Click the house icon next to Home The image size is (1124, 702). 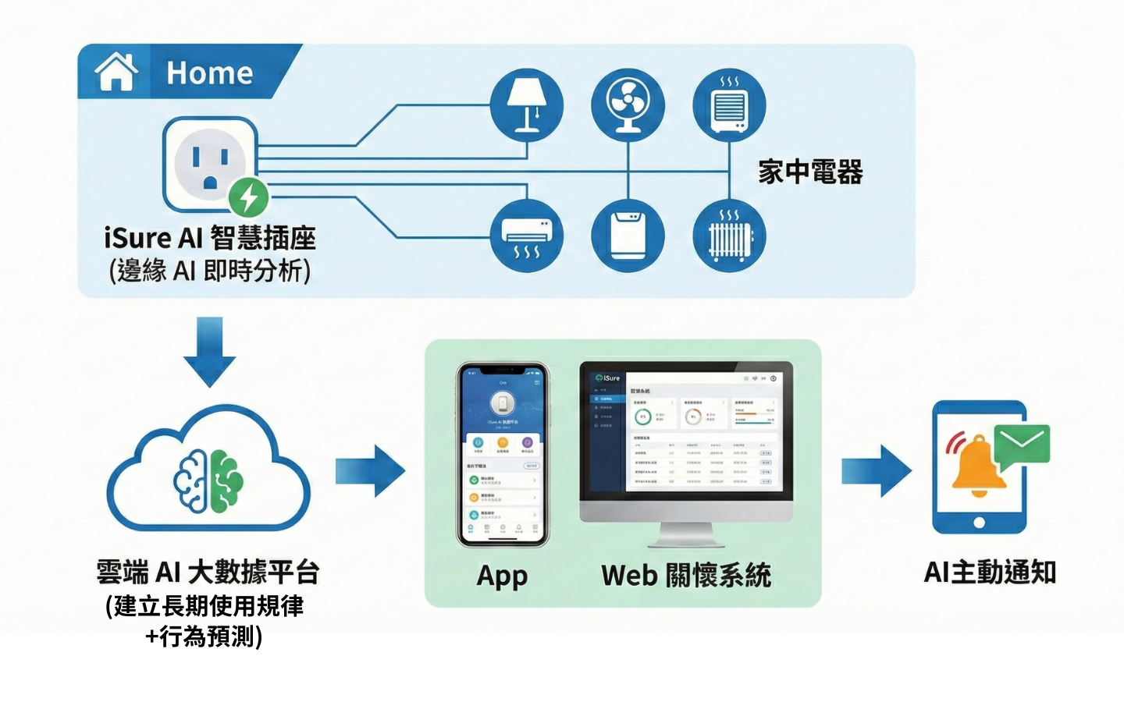click(116, 72)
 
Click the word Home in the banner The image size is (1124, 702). click(209, 73)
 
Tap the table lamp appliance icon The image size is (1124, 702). click(526, 105)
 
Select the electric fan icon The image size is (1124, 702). click(628, 105)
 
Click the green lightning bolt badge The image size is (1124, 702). click(249, 197)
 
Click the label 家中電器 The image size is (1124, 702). click(810, 172)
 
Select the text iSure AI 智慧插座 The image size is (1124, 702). click(209, 238)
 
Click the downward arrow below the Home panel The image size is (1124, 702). click(209, 350)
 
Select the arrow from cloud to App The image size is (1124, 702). click(371, 470)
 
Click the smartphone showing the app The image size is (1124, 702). click(503, 454)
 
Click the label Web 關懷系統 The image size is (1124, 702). click(685, 576)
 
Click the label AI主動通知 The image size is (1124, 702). click(990, 573)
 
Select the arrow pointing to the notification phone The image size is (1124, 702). click(876, 470)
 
